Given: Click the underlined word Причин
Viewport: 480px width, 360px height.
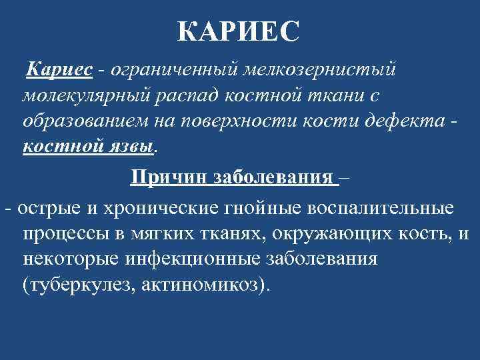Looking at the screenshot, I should [x=169, y=178].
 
